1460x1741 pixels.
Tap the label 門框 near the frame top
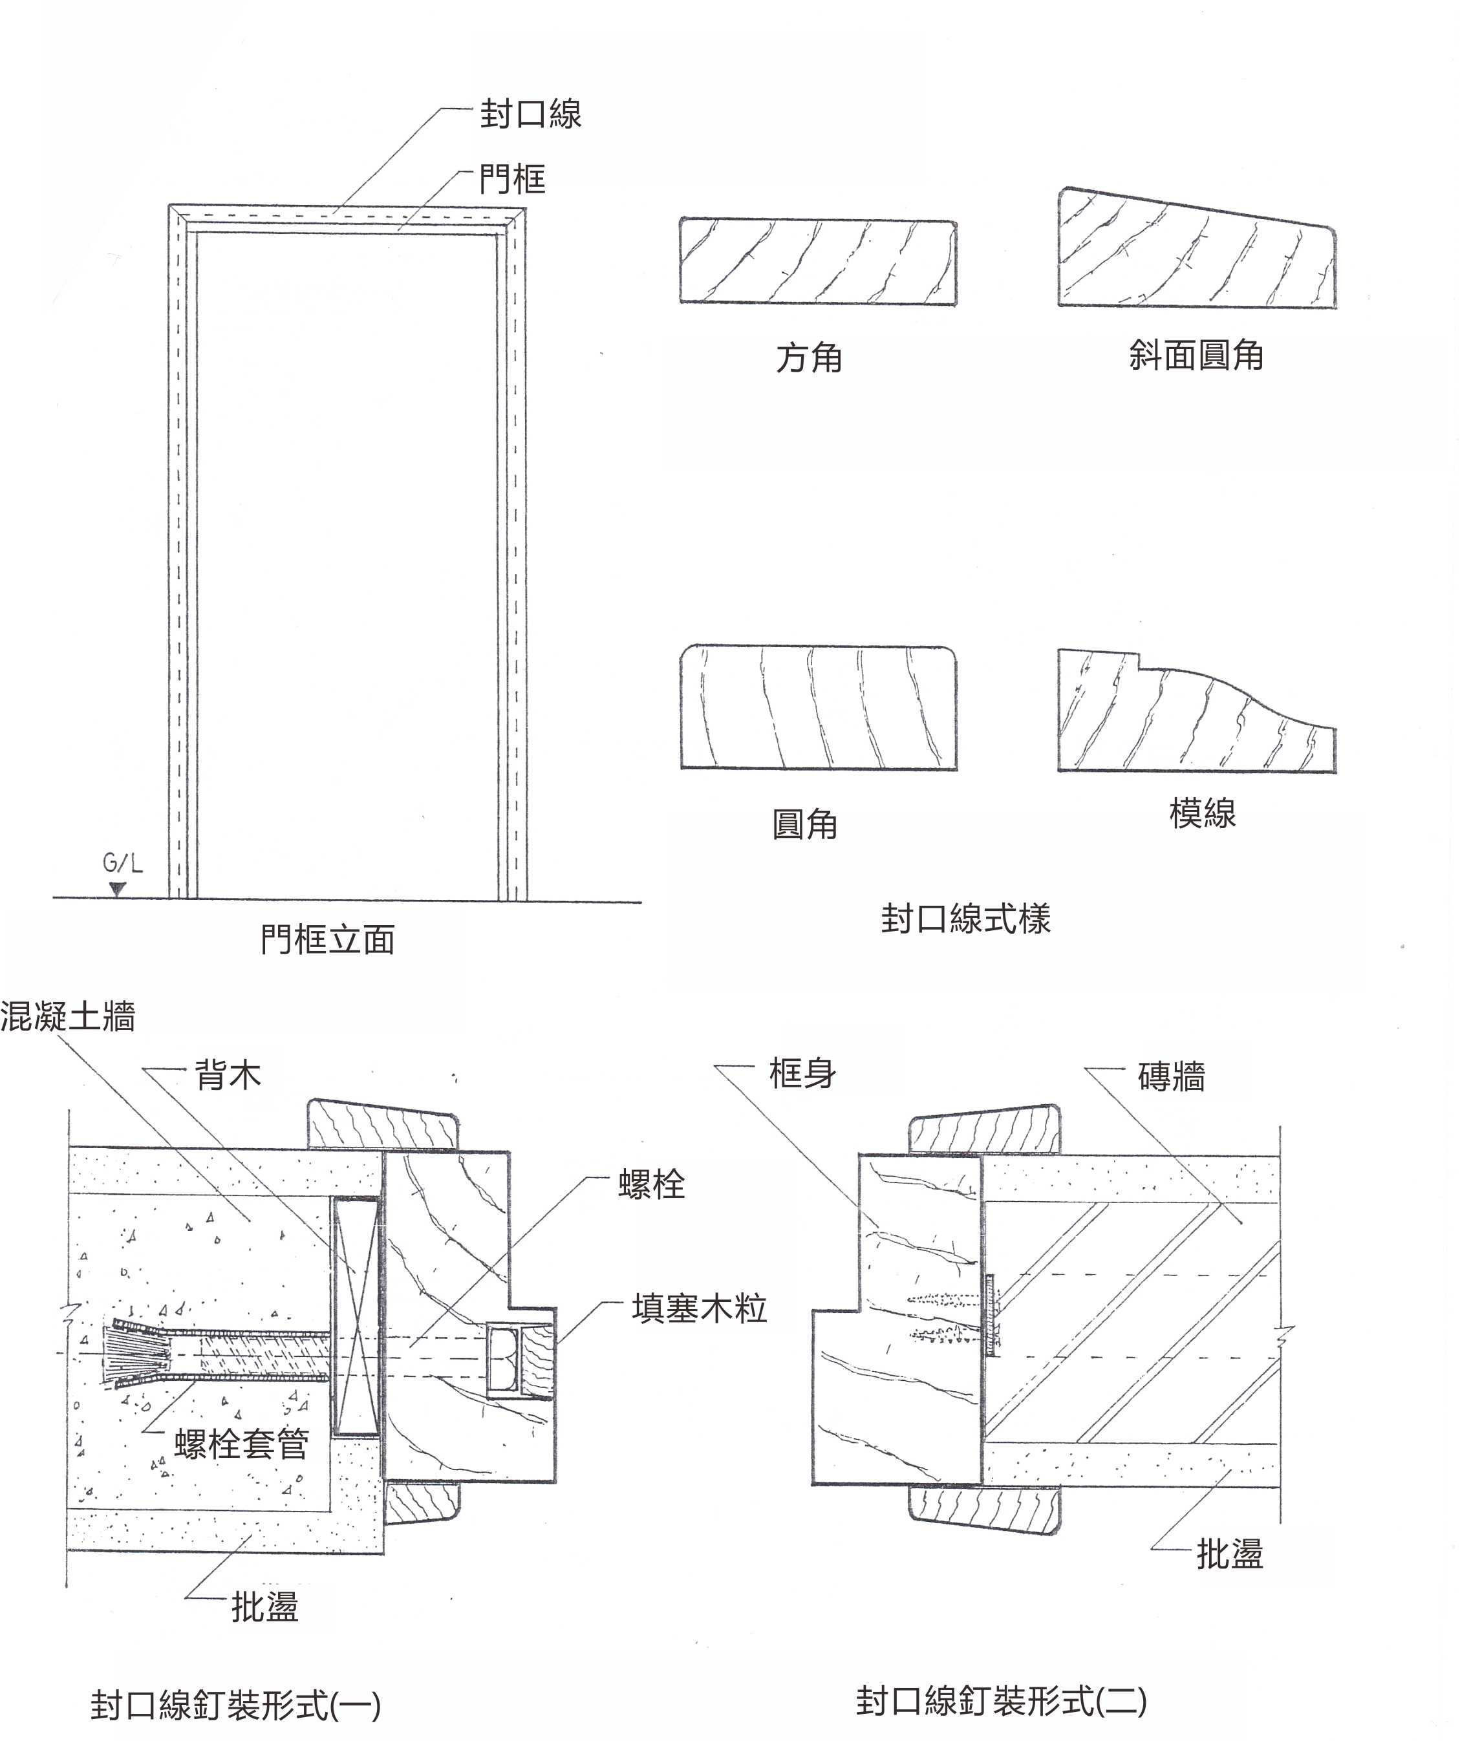point(512,179)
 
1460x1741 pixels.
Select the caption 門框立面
point(327,939)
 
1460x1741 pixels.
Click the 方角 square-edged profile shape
point(817,261)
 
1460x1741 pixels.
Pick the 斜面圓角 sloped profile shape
point(1196,253)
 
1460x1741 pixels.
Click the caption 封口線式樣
point(965,919)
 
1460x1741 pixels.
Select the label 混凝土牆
point(68,1016)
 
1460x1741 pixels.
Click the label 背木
point(228,1075)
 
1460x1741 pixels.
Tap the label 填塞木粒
point(699,1308)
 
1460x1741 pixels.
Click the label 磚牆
point(1171,1077)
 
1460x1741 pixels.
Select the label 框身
point(802,1074)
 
